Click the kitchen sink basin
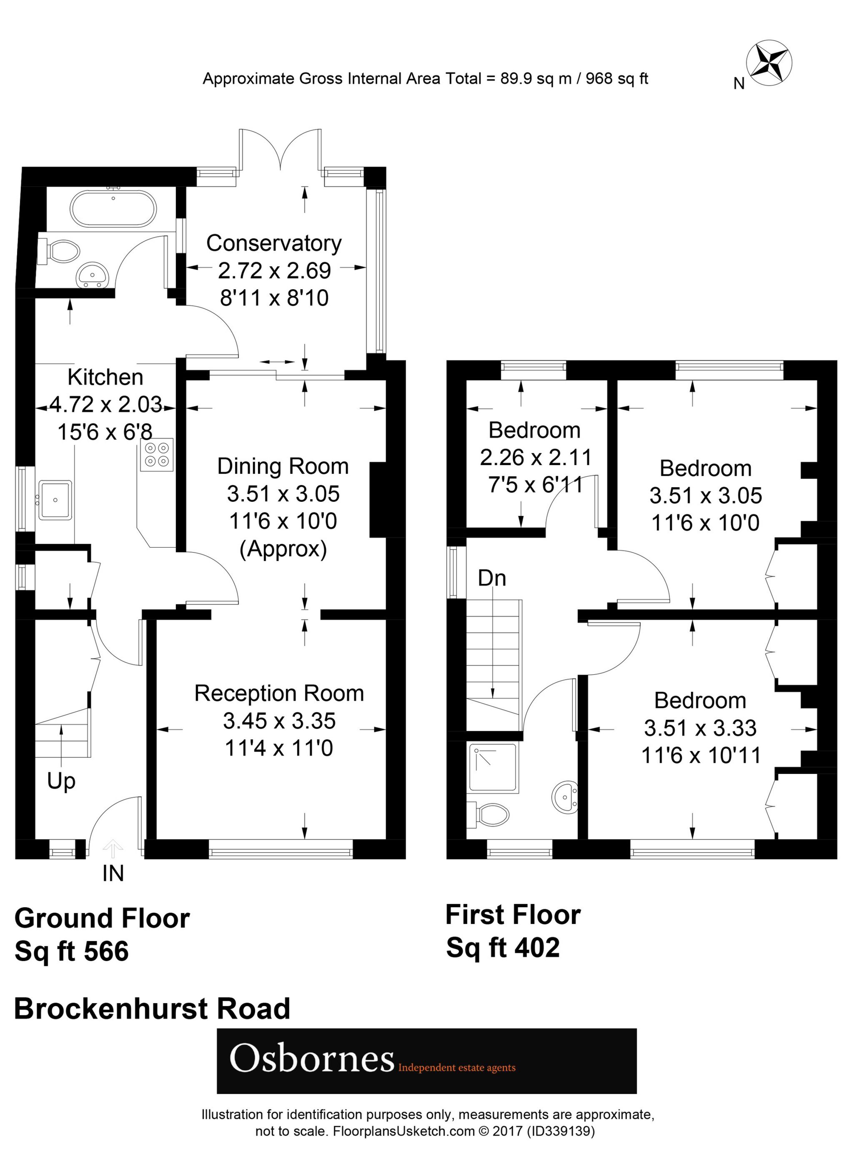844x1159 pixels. click(x=55, y=499)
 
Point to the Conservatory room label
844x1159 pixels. click(x=274, y=243)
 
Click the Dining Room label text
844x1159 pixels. click(x=283, y=467)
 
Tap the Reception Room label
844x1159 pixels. click(x=279, y=693)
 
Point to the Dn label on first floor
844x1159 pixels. click(x=492, y=578)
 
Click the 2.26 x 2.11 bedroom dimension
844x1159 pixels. click(x=535, y=457)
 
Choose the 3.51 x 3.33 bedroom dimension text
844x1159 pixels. click(x=700, y=728)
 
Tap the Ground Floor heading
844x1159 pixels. click(x=102, y=918)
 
